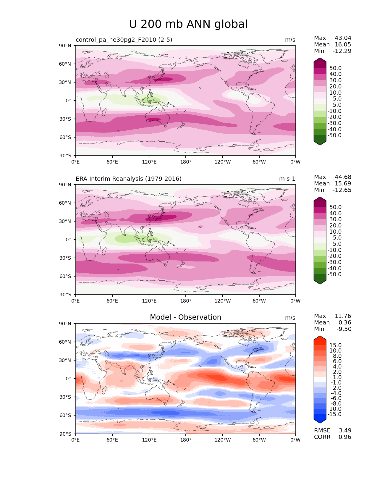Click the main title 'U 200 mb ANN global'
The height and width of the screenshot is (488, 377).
tap(188, 24)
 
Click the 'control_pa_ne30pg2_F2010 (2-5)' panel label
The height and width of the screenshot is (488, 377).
tap(124, 40)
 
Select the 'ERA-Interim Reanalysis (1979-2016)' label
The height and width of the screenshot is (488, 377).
tap(129, 179)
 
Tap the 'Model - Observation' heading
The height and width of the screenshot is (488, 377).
tap(185, 317)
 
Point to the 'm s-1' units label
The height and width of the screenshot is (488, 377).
tap(287, 179)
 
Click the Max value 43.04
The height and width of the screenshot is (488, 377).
tap(343, 38)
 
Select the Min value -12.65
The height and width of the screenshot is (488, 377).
tap(342, 190)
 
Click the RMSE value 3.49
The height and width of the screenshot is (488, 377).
tap(345, 430)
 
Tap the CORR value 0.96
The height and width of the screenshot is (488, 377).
tap(345, 437)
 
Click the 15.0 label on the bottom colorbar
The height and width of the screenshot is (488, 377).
tap(335, 345)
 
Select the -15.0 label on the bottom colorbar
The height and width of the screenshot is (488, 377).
tap(334, 414)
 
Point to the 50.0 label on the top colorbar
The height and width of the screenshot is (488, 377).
tap(335, 68)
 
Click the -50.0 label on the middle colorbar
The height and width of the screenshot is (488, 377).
tap(334, 274)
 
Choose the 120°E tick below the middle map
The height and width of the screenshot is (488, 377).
tap(149, 301)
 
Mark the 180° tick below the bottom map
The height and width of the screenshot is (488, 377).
tap(186, 440)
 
